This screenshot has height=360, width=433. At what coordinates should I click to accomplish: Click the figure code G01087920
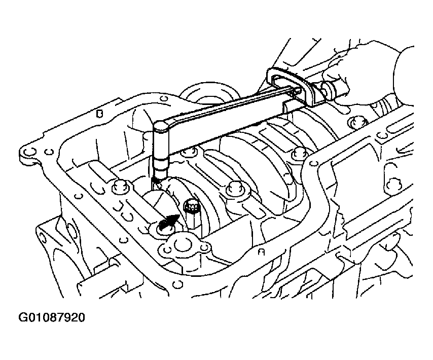pyautogui.click(x=52, y=317)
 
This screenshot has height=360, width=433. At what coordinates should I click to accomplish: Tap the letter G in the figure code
pyautogui.click(x=23, y=317)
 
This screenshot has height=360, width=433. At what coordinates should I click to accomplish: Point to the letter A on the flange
pyautogui.click(x=261, y=252)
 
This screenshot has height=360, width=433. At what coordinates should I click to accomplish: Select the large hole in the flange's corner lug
pyautogui.click(x=29, y=152)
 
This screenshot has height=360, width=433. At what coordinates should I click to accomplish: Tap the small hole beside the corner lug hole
pyautogui.click(x=49, y=152)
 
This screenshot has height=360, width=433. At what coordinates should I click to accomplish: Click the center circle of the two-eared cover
pyautogui.click(x=182, y=245)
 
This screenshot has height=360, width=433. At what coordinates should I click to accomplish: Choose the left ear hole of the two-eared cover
pyautogui.click(x=166, y=250)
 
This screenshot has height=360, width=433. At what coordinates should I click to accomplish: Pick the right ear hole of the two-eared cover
pyautogui.click(x=204, y=247)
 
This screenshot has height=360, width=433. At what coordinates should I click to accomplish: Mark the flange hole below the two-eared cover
pyautogui.click(x=177, y=284)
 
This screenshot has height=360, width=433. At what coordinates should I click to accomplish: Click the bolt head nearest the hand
pyautogui.click(x=357, y=122)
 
